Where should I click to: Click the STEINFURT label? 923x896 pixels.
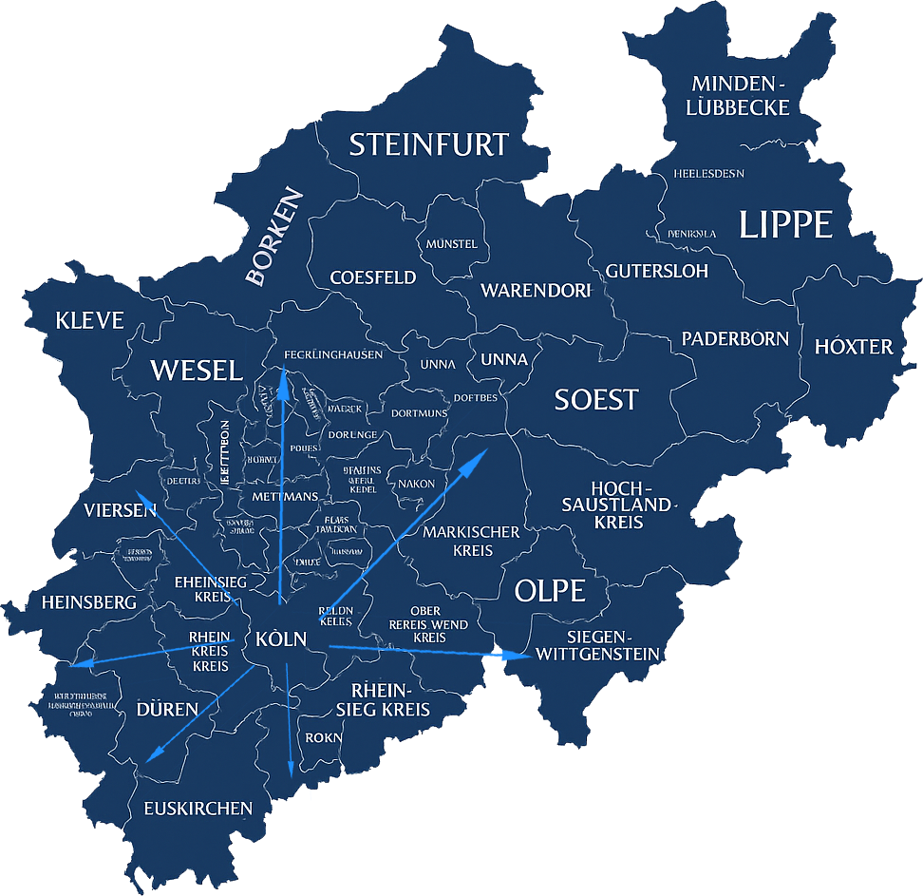click(x=429, y=144)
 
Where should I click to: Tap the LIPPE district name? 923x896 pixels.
click(x=785, y=225)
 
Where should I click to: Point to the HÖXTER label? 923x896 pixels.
click(x=854, y=346)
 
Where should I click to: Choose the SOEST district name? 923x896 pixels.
click(x=596, y=399)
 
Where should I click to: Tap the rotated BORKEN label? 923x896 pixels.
click(x=274, y=237)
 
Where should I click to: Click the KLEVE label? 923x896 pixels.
click(x=89, y=320)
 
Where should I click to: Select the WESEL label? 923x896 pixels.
click(x=197, y=370)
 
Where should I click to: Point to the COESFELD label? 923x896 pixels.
click(x=373, y=277)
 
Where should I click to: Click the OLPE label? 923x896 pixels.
click(x=550, y=590)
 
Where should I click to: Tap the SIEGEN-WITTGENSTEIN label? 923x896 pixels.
click(x=597, y=645)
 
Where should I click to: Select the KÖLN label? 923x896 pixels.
click(x=281, y=639)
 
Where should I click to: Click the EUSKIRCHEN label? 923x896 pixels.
click(x=198, y=809)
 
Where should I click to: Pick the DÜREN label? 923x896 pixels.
click(x=167, y=709)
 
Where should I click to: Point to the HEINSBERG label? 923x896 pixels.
click(x=89, y=602)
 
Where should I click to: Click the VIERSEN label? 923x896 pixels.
click(x=120, y=510)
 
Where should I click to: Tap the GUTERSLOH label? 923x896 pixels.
click(x=657, y=271)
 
